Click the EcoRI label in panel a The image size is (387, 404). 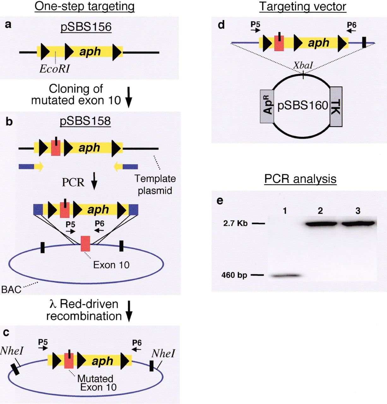(x=54, y=69)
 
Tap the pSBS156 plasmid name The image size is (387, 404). (x=86, y=27)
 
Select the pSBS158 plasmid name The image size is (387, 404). (x=85, y=121)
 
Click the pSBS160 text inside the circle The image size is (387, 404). (x=303, y=105)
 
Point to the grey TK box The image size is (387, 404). (x=336, y=107)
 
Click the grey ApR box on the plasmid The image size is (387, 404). (x=267, y=106)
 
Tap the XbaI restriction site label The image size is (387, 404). (x=303, y=66)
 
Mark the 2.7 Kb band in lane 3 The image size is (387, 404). (x=358, y=224)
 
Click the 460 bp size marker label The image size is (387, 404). (x=234, y=275)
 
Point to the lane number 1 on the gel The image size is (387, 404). (x=285, y=211)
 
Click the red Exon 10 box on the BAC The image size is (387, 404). (x=85, y=244)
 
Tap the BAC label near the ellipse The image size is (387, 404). (x=11, y=290)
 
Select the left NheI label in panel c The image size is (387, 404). (x=12, y=351)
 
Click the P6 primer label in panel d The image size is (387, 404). (x=352, y=25)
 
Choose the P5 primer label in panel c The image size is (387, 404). (x=43, y=342)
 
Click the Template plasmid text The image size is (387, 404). (x=155, y=185)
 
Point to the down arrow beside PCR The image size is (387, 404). (x=94, y=181)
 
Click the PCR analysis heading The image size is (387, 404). (x=301, y=179)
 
